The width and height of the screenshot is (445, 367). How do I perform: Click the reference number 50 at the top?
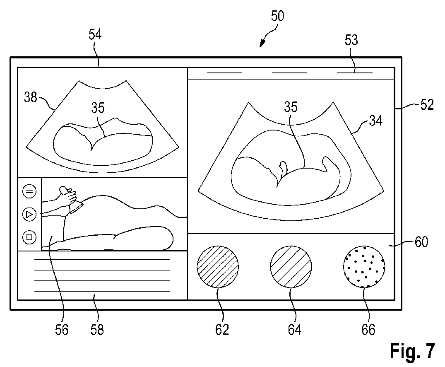(x=278, y=17)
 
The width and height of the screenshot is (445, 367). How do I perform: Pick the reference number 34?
(x=376, y=121)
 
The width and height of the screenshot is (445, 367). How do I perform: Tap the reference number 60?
(x=421, y=241)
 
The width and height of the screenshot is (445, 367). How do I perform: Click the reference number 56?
(x=62, y=330)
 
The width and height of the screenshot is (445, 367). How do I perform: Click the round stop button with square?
(x=29, y=237)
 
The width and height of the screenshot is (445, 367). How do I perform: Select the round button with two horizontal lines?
(x=29, y=191)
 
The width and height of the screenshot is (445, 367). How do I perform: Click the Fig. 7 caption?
(x=412, y=350)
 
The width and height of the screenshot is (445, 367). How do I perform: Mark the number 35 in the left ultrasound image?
(x=98, y=108)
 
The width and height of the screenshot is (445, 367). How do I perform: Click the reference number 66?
(x=368, y=330)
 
